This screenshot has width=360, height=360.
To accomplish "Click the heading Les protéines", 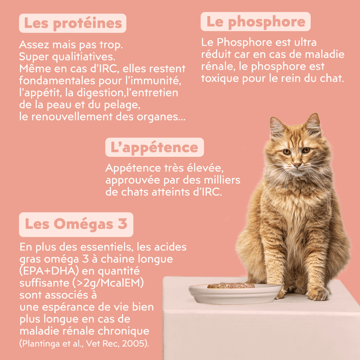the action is pyautogui.click(x=72, y=23).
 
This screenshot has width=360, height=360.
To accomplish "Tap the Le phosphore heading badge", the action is pyautogui.click(x=255, y=21).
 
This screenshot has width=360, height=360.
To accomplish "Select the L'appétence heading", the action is pyautogui.click(x=155, y=147).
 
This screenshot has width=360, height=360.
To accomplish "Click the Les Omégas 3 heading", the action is pyautogui.click(x=76, y=224).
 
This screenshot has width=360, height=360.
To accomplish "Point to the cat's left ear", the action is pyautogui.click(x=313, y=123).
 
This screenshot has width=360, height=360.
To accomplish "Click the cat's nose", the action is pyautogui.click(x=297, y=165).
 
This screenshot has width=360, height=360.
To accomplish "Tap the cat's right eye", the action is pyautogui.click(x=287, y=152).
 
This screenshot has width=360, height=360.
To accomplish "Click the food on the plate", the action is pyautogui.click(x=231, y=285).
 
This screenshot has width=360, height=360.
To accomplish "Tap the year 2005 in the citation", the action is pyautogui.click(x=134, y=343).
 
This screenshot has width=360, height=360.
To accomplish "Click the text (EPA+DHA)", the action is pyautogui.click(x=49, y=271).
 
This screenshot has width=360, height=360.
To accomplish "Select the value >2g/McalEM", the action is pyautogui.click(x=108, y=283).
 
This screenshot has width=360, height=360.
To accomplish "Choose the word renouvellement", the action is pyautogui.click(x=72, y=117).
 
